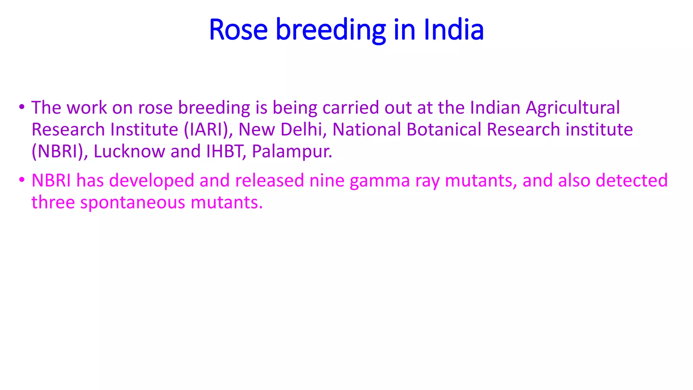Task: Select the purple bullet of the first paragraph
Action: click(x=22, y=107)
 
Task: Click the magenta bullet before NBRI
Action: click(x=22, y=180)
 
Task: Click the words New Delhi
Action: click(x=280, y=130)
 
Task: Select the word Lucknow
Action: click(x=129, y=151)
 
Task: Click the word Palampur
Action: click(x=292, y=151)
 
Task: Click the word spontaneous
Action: click(x=133, y=203)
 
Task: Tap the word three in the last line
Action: click(x=53, y=202)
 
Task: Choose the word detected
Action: click(x=631, y=180)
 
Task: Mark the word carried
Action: click(x=351, y=108)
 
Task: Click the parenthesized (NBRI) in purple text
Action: click(x=58, y=151)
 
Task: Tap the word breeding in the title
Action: click(x=331, y=30)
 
